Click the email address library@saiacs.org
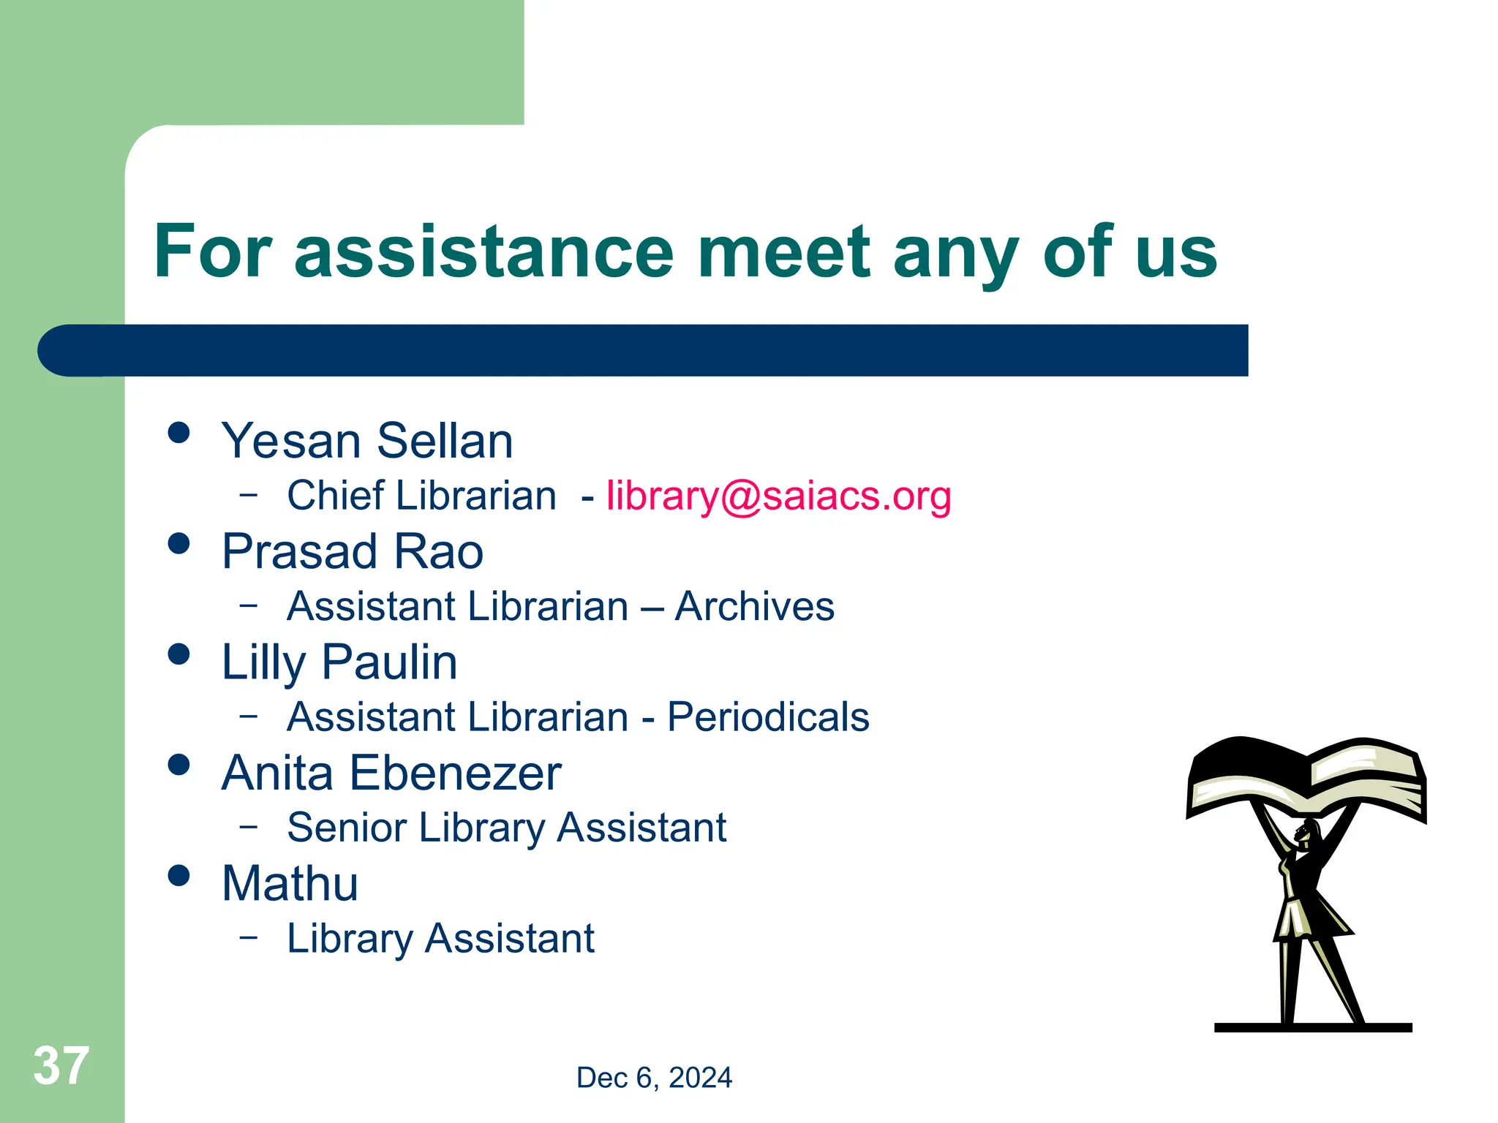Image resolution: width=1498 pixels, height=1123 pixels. tap(778, 496)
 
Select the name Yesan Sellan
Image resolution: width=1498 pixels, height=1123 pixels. tap(367, 441)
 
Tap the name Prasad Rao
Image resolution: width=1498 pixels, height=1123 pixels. tap(353, 551)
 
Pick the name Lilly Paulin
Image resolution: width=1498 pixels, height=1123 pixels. tap(339, 662)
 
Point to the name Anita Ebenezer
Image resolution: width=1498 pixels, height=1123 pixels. tap(391, 774)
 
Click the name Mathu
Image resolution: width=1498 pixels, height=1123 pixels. tap(290, 884)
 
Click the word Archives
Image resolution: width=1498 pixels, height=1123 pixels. tap(754, 607)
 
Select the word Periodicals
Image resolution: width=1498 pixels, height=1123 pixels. tap(768, 717)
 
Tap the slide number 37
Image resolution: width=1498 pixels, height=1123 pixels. tap(61, 1066)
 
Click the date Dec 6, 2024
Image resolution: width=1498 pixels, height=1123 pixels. tap(654, 1078)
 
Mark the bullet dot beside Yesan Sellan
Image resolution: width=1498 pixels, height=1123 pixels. tap(178, 432)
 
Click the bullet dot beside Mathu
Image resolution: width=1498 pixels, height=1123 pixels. tap(178, 875)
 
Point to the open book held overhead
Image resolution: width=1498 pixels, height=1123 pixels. tap(1306, 779)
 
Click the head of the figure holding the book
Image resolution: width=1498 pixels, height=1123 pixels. tap(1307, 832)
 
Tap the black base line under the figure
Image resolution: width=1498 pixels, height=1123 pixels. tap(1312, 1027)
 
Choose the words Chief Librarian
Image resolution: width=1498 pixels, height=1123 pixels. tap(421, 496)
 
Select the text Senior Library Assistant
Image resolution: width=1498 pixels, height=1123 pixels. tap(506, 828)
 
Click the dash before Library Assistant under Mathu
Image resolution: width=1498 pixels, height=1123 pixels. tap(249, 936)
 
